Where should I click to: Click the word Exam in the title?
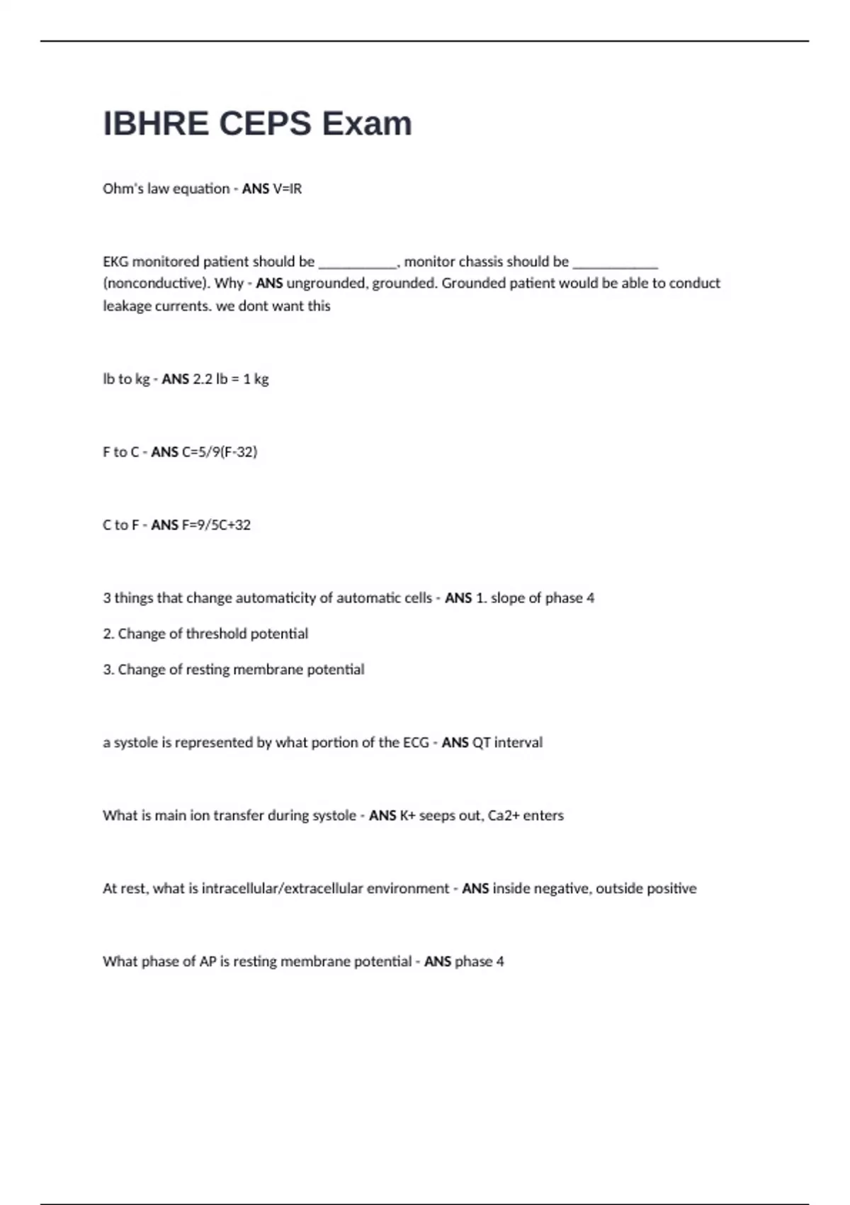pyautogui.click(x=367, y=124)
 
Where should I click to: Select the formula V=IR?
pyautogui.click(x=287, y=189)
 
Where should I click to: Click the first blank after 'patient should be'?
pyautogui.click(x=358, y=262)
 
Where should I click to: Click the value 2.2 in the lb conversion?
pyautogui.click(x=203, y=379)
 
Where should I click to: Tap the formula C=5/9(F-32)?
pyautogui.click(x=220, y=452)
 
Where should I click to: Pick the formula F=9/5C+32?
pyautogui.click(x=216, y=525)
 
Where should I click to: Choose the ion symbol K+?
pyautogui.click(x=407, y=816)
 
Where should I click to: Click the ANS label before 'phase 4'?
pyautogui.click(x=437, y=962)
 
